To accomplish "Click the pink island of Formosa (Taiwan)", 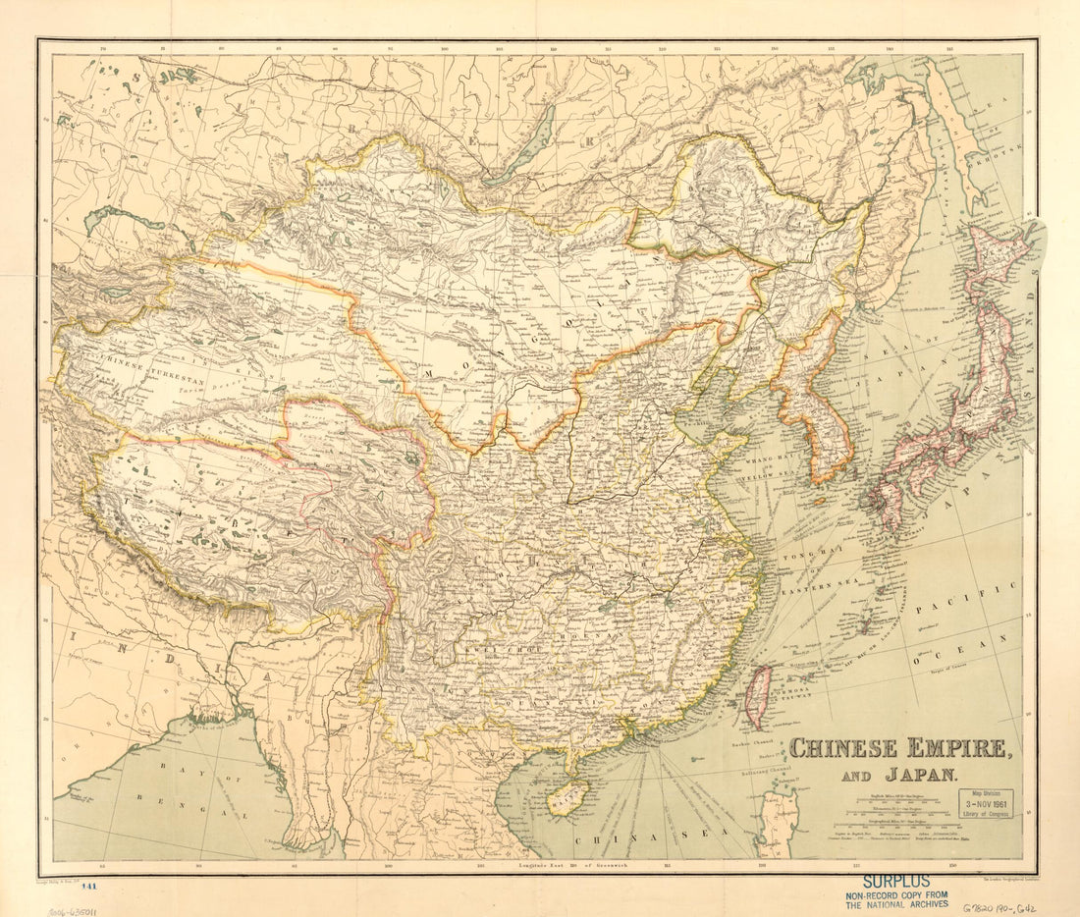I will pos(757,695).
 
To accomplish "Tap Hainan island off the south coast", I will pos(569,794).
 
